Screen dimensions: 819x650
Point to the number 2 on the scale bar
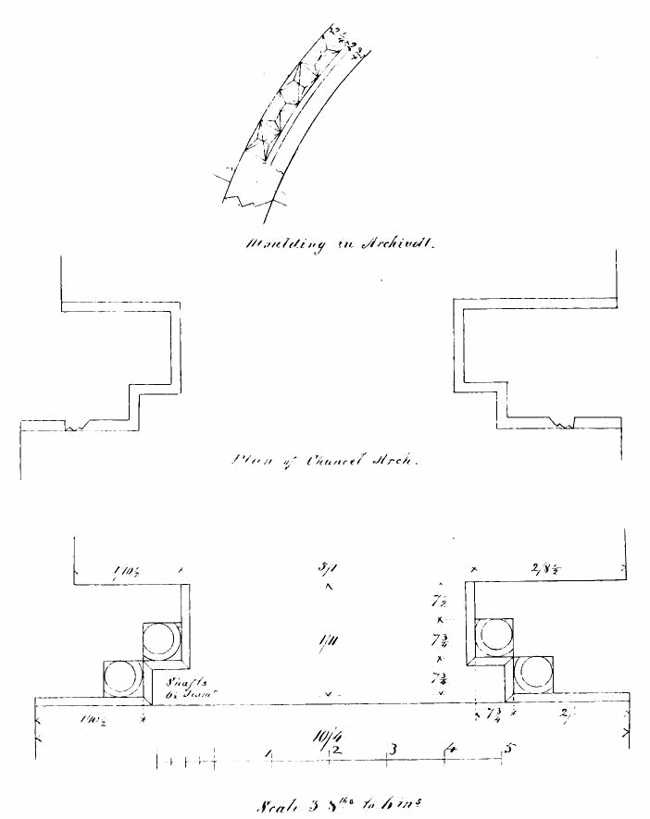[336, 749]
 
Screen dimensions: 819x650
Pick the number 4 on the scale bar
[451, 748]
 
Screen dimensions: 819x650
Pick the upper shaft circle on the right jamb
[492, 636]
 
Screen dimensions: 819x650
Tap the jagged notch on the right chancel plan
[564, 423]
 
